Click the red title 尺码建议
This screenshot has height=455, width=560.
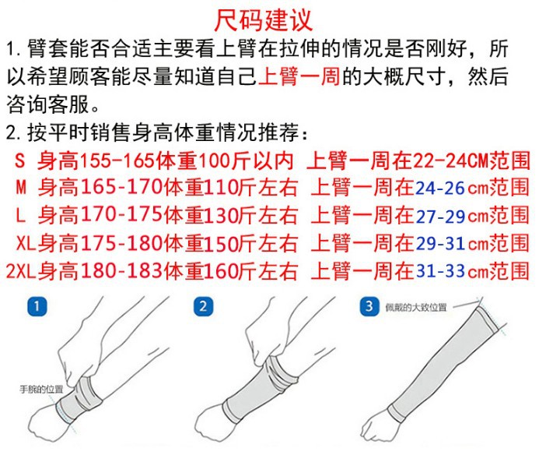coord(264,20)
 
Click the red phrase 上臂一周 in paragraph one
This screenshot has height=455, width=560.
coord(299,76)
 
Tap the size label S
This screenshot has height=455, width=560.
coord(20,160)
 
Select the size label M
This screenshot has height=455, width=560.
coord(21,188)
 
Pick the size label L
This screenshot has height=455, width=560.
coord(21,215)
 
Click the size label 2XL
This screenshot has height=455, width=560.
coord(21,271)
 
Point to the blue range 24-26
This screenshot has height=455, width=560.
coord(440,188)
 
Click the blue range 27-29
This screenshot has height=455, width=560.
coord(440,216)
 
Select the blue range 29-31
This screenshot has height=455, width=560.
coord(440,243)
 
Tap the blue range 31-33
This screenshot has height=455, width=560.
coord(440,271)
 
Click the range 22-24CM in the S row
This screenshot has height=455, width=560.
coord(450,160)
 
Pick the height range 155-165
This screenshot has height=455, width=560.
coord(117,160)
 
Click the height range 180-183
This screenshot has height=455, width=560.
coord(122,271)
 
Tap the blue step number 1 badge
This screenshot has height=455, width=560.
coord(37,306)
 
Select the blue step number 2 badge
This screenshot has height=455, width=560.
coord(203,306)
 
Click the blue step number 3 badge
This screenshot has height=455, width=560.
coord(369,306)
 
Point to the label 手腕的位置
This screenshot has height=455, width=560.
coord(41,390)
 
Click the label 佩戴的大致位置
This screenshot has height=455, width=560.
coord(415,307)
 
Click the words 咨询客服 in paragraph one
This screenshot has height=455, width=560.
coord(47,104)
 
